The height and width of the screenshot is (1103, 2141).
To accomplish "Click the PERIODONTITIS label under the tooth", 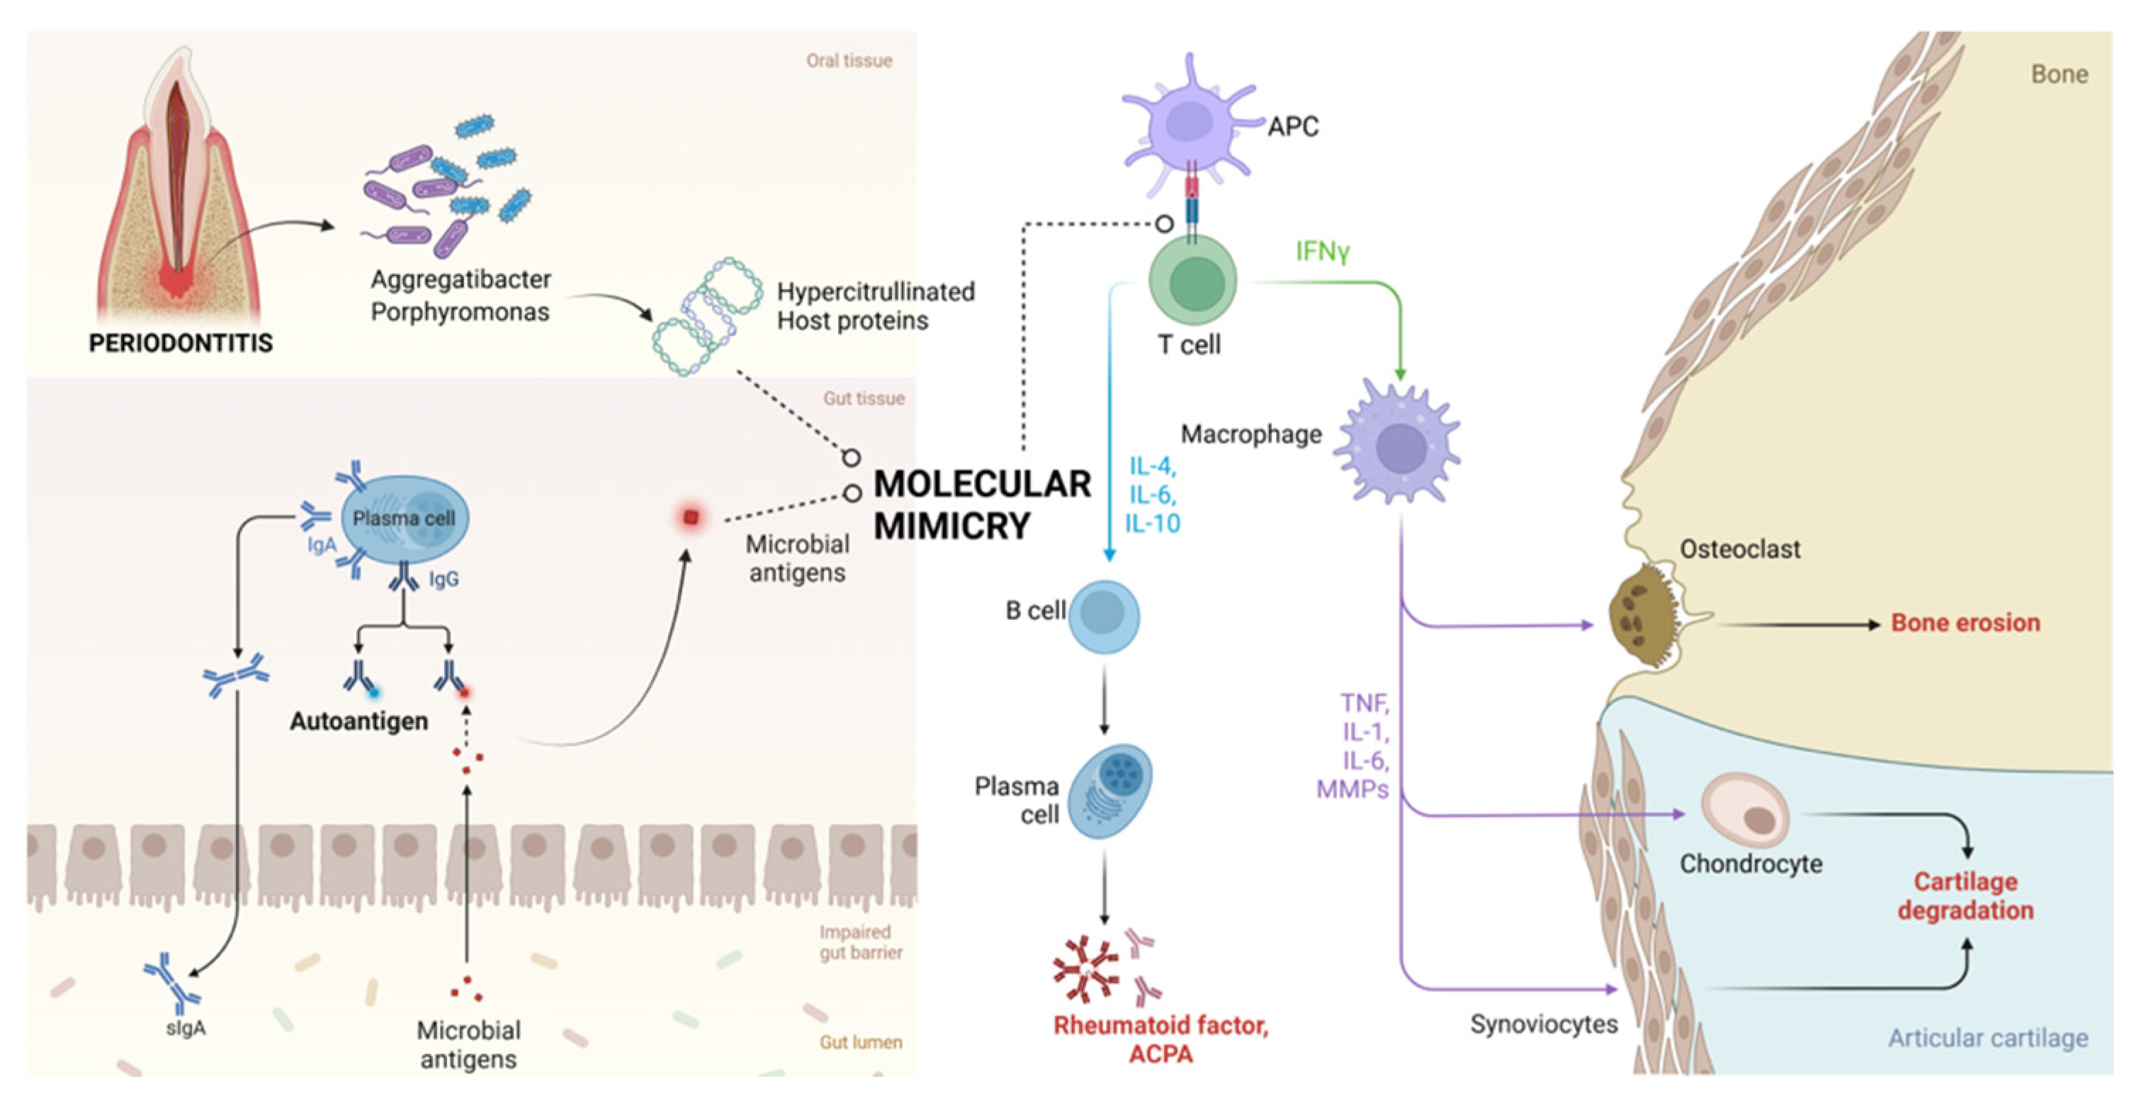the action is pyautogui.click(x=181, y=342).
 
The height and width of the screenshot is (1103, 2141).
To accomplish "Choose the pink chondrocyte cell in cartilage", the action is pyautogui.click(x=1746, y=810).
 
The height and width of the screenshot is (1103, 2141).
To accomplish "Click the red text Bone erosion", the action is pyautogui.click(x=1965, y=623).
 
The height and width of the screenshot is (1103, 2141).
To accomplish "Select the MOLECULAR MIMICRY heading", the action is pyautogui.click(x=981, y=504).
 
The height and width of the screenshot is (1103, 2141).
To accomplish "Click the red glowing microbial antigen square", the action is pyautogui.click(x=690, y=518).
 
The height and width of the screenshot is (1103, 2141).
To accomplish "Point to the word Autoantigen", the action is pyautogui.click(x=359, y=720).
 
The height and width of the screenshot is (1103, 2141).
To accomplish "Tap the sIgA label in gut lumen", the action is pyautogui.click(x=186, y=1028).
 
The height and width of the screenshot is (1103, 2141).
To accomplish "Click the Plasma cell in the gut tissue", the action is pyautogui.click(x=404, y=519).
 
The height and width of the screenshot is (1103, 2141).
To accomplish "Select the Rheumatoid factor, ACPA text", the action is pyautogui.click(x=1161, y=1039).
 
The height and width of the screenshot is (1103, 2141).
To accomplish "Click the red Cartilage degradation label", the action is pyautogui.click(x=1965, y=896).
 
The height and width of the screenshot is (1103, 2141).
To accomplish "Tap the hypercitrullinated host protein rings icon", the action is pyautogui.click(x=706, y=316).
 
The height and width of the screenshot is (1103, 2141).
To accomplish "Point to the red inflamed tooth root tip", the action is pyautogui.click(x=176, y=283).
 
